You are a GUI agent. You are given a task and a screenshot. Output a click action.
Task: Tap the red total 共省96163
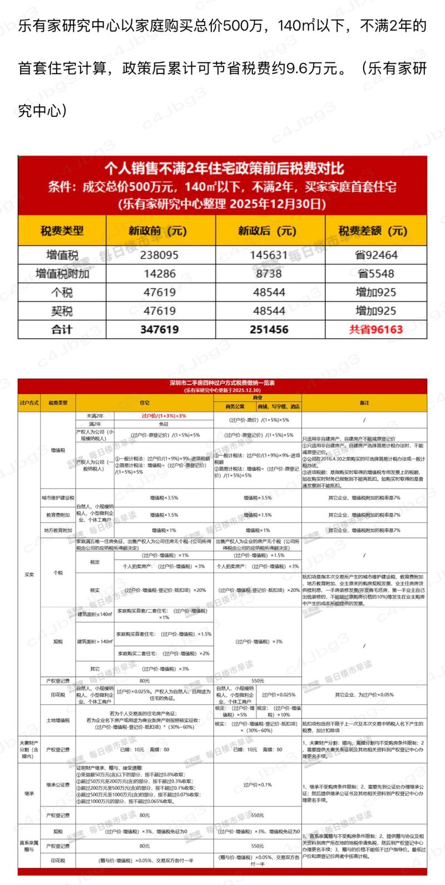(375, 329)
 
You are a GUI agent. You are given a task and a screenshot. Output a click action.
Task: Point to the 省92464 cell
(375, 255)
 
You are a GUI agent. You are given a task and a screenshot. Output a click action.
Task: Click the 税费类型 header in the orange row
(62, 231)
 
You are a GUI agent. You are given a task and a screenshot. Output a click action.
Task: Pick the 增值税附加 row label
(62, 273)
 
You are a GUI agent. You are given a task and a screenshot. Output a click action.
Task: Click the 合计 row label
(62, 329)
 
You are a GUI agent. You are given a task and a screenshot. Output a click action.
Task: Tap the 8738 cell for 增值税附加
(269, 273)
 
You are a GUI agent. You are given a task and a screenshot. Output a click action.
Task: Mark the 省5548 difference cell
(375, 273)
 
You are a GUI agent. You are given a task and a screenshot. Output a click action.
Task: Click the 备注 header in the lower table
(364, 402)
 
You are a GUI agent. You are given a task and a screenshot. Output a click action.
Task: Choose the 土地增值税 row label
(58, 720)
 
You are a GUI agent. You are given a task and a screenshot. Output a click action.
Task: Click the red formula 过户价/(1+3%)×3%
(164, 416)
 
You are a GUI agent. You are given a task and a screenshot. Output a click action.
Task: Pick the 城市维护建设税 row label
(58, 497)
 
